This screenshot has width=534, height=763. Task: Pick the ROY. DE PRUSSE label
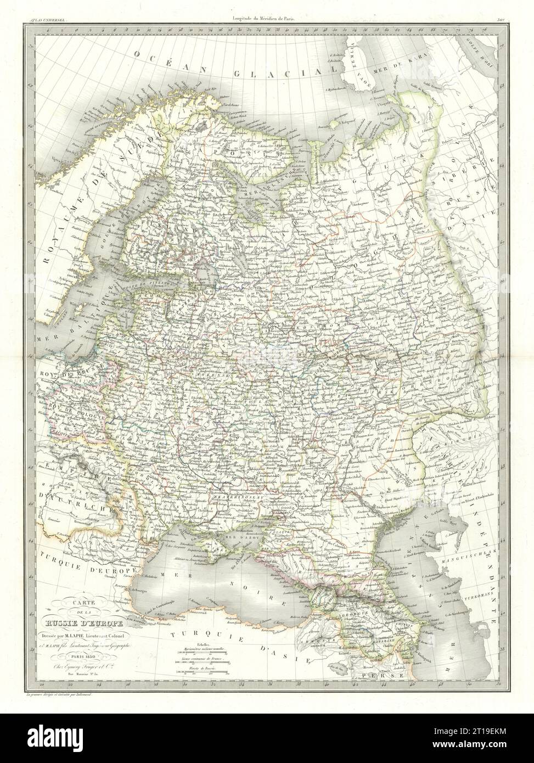pyautogui.click(x=61, y=370)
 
